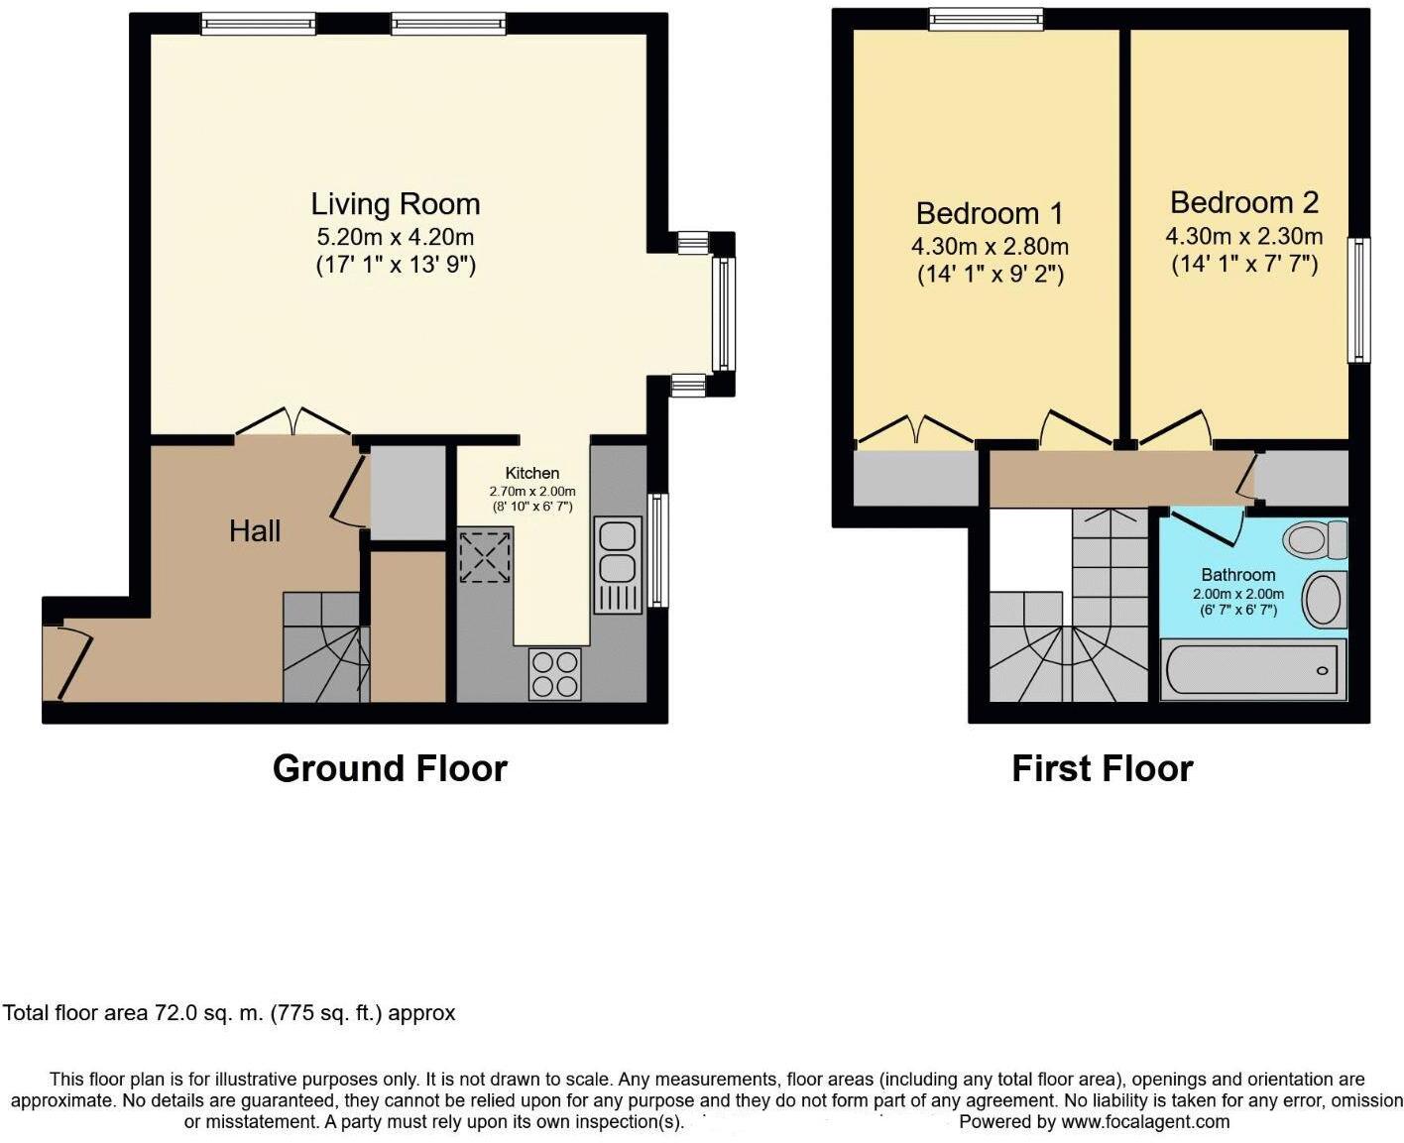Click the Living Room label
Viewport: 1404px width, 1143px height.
pyautogui.click(x=395, y=204)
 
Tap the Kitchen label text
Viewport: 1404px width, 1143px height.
pyautogui.click(x=531, y=473)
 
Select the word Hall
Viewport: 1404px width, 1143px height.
pyautogui.click(x=255, y=531)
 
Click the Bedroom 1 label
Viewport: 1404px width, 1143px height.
pyautogui.click(x=989, y=213)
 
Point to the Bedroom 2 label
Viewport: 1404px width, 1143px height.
pyautogui.click(x=1243, y=202)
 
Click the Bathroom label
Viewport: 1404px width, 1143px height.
pyautogui.click(x=1237, y=575)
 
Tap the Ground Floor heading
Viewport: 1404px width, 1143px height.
pyautogui.click(x=390, y=768)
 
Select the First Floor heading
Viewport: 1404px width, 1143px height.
pyautogui.click(x=1102, y=768)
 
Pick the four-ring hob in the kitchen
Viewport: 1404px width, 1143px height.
pyautogui.click(x=554, y=673)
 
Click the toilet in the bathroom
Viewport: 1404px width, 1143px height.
pyautogui.click(x=1315, y=540)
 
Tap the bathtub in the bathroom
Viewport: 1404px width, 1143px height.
pyautogui.click(x=1253, y=670)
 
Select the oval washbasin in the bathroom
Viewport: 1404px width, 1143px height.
pyautogui.click(x=1323, y=600)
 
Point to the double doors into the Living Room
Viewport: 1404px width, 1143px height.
pyautogui.click(x=292, y=421)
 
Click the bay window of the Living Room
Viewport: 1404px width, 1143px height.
pyautogui.click(x=725, y=313)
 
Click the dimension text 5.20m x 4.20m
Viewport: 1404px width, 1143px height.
pyautogui.click(x=395, y=238)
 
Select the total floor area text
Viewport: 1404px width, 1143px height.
pyautogui.click(x=229, y=1013)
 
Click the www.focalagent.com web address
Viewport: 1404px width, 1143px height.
pyautogui.click(x=1145, y=1122)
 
